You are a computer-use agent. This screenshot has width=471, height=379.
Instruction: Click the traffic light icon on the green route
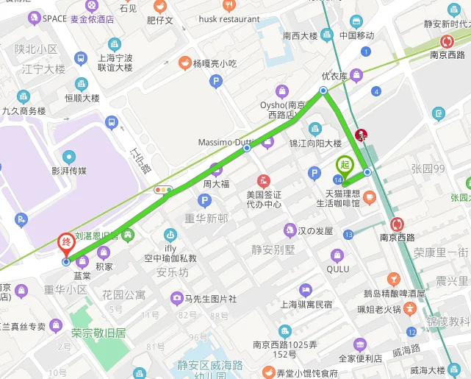(x=163, y=190)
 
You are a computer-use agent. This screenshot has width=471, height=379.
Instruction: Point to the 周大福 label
(x=217, y=183)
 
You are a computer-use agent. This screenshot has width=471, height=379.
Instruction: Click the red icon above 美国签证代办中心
(x=263, y=180)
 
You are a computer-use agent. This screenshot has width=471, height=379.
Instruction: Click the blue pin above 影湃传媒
(x=69, y=157)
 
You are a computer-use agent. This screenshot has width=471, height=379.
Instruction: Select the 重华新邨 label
(x=206, y=219)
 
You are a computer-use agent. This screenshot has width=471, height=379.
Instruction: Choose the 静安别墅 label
(x=273, y=249)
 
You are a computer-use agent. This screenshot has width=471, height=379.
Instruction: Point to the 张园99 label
(x=428, y=169)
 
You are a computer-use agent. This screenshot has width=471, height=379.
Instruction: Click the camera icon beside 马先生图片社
(x=176, y=298)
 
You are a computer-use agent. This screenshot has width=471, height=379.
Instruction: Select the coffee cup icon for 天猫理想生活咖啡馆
(x=369, y=196)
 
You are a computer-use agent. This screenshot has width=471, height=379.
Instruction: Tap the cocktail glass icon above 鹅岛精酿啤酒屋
(x=394, y=279)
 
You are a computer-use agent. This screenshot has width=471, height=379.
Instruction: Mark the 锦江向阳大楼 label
(x=315, y=144)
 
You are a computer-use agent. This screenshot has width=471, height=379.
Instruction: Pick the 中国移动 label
(x=356, y=35)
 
